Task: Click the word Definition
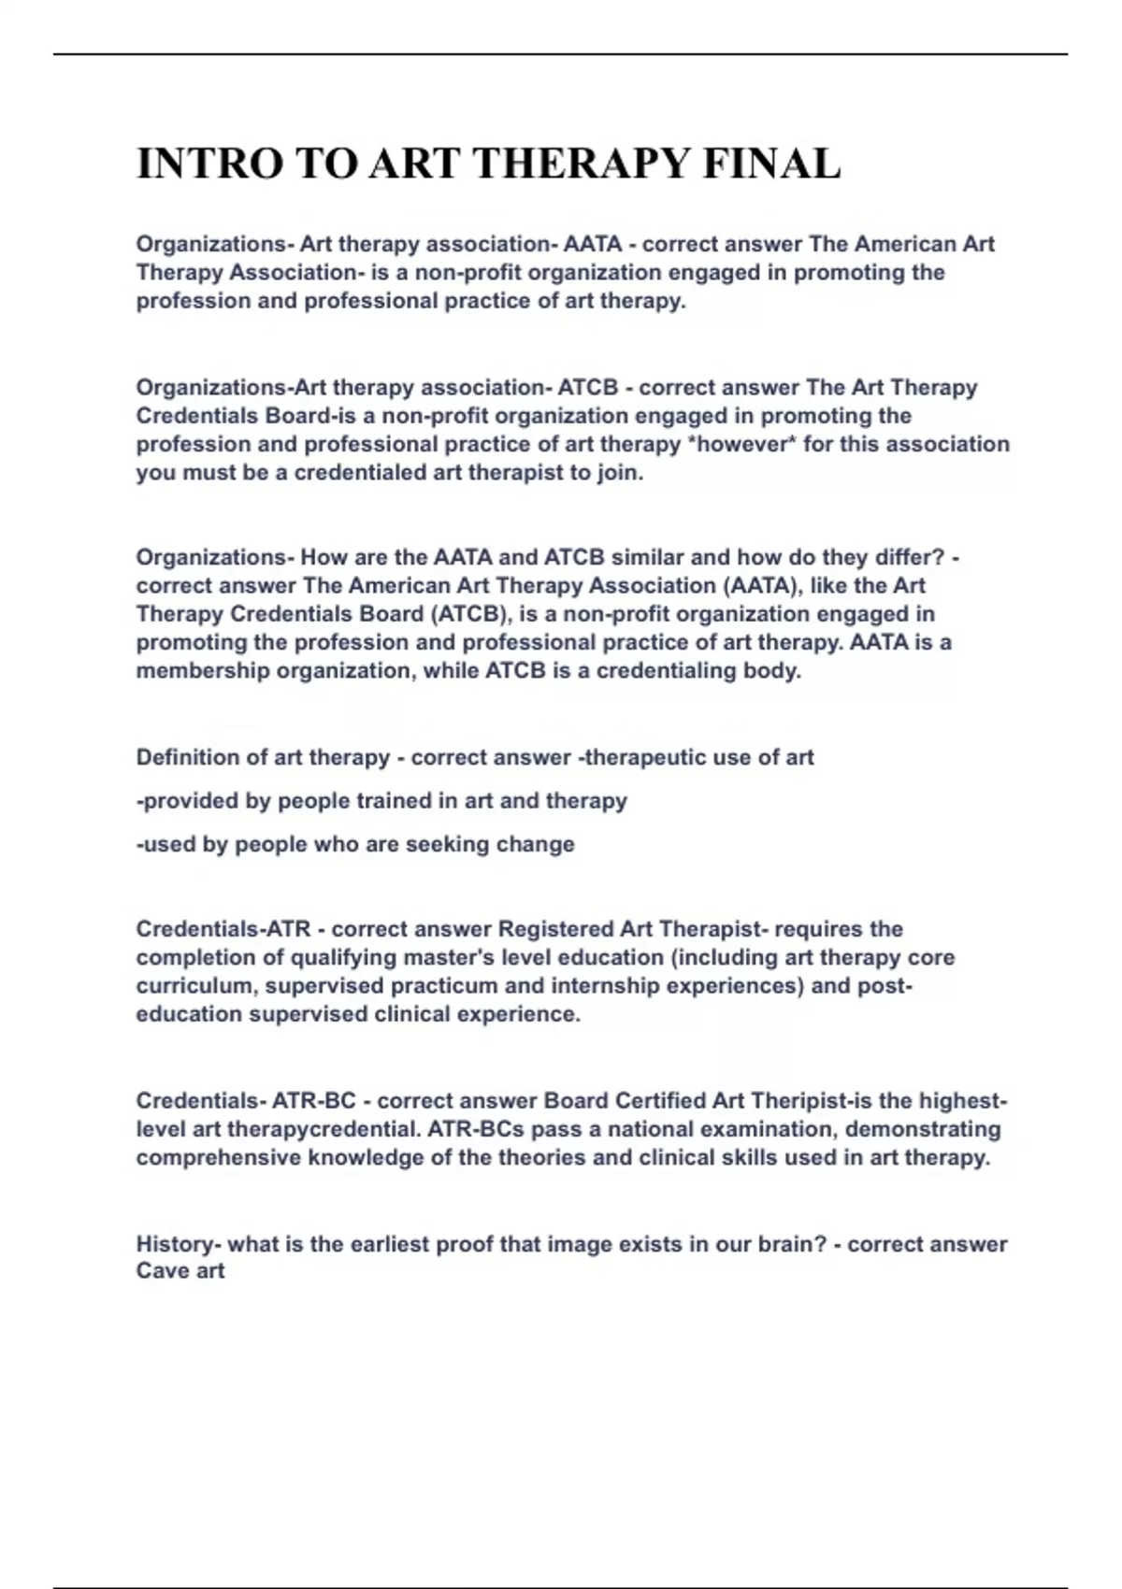188,757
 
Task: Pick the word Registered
555,929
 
